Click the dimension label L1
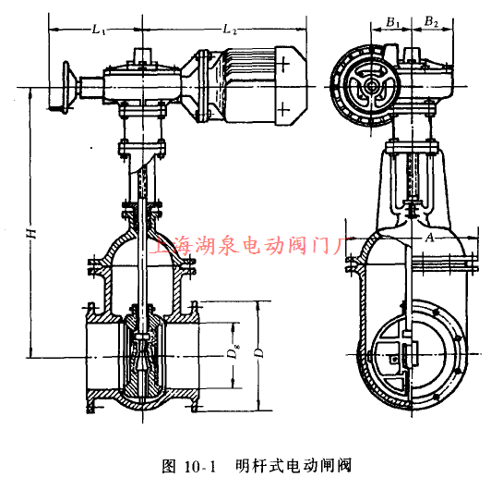(x=99, y=31)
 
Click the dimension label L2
(x=228, y=31)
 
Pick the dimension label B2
(x=429, y=19)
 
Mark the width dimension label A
(x=429, y=238)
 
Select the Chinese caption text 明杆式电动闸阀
(x=293, y=465)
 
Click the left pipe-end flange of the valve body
(x=90, y=356)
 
